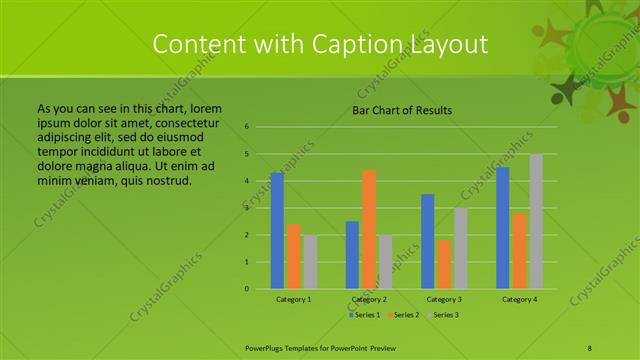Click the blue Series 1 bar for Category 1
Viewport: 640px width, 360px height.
(x=277, y=231)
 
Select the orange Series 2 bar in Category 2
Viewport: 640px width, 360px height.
(x=369, y=229)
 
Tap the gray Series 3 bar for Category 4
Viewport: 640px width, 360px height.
(x=536, y=221)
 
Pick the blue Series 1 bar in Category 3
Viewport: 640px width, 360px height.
(x=428, y=241)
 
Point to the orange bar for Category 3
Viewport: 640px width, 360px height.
(x=444, y=264)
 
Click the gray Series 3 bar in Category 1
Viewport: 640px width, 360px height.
(x=310, y=262)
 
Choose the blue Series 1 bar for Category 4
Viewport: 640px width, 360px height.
(x=503, y=228)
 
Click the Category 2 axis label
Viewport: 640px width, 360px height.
(x=369, y=299)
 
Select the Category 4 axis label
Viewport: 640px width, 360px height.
(x=519, y=299)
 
